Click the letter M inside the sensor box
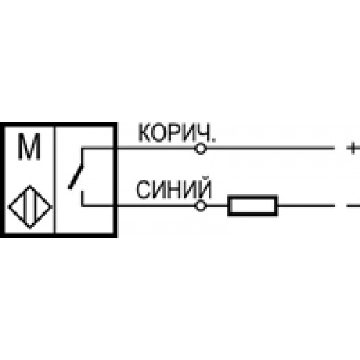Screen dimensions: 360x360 (29, 146)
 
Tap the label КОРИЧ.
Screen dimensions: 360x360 (177, 132)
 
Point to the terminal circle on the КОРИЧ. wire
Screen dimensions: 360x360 (200, 148)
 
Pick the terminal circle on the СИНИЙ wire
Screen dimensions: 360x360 (200, 206)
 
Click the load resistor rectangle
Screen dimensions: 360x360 (253, 206)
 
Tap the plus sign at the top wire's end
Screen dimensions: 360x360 (353, 148)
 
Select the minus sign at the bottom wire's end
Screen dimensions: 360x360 (353, 206)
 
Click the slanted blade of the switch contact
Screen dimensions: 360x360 (76, 176)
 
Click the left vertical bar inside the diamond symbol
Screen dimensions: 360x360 (25, 207)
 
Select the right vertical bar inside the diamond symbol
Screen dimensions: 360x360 (35, 207)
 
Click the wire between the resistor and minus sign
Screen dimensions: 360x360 (306, 206)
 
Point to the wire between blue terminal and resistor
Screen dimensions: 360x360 (217, 206)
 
